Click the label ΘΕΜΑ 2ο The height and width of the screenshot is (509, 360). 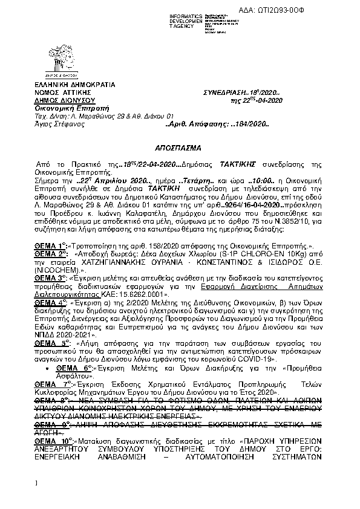(50, 256)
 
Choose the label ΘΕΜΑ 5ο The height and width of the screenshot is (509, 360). (52, 342)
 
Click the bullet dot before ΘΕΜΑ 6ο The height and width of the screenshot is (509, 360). (47, 368)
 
